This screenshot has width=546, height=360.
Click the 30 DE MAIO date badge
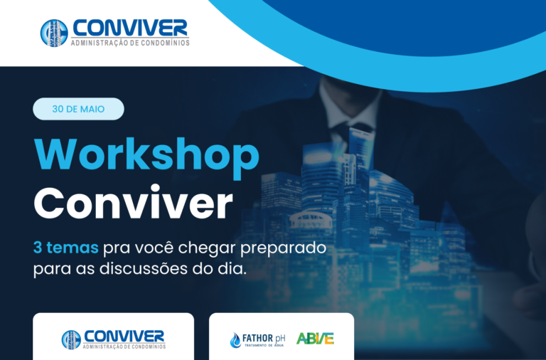pyautogui.click(x=78, y=109)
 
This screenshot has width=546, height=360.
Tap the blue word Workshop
pyautogui.click(x=146, y=155)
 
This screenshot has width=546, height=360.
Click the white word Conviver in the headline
pyautogui.click(x=133, y=202)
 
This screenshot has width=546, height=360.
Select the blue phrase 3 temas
pyautogui.click(x=66, y=248)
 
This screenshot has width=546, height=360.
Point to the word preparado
pyautogui.click(x=283, y=249)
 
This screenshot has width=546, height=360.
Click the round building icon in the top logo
pyautogui.click(x=54, y=33)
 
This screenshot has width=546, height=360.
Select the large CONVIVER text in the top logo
pyautogui.click(x=130, y=28)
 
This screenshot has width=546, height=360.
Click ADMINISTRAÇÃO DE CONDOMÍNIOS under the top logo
pyautogui.click(x=130, y=43)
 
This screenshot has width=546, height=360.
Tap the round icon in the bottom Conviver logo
pyautogui.click(x=71, y=340)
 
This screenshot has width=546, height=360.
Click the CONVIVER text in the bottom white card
pyautogui.click(x=124, y=337)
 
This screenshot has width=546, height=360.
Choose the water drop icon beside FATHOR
pyautogui.click(x=235, y=340)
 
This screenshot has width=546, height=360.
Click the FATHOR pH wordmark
pyautogui.click(x=264, y=339)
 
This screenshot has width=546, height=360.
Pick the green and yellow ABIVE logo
pyautogui.click(x=315, y=339)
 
